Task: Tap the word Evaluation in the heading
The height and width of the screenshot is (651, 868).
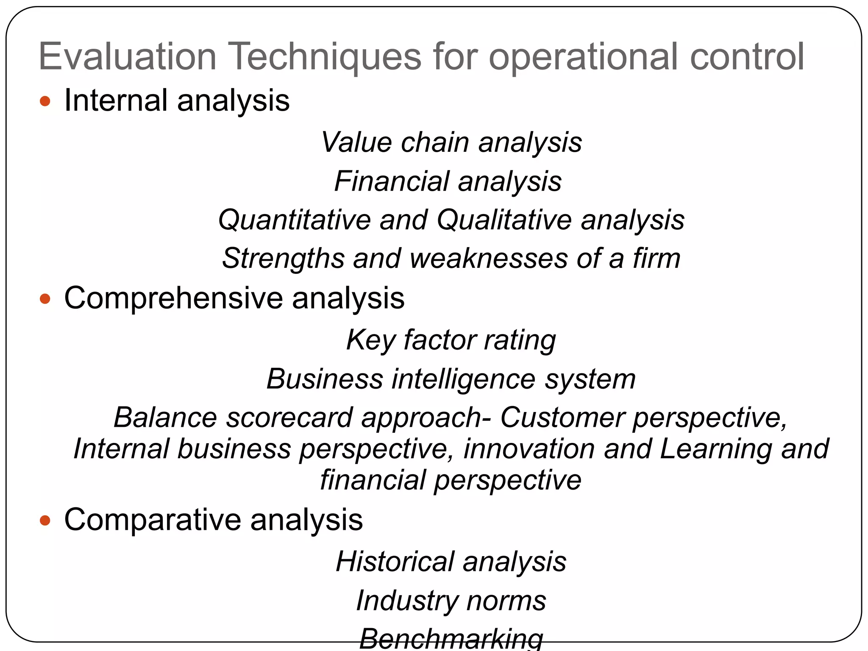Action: [x=128, y=57]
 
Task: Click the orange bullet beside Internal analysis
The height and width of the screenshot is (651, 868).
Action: [x=45, y=101]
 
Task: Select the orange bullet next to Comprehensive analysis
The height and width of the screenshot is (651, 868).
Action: [x=45, y=299]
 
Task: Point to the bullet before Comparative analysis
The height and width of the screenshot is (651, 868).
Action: [x=45, y=520]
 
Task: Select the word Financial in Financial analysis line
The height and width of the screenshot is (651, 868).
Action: [x=391, y=181]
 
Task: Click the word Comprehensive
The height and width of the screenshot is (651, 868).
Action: [x=173, y=298]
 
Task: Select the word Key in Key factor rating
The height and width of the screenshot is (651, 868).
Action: [x=370, y=340]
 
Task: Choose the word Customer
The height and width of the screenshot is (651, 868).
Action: [x=562, y=417]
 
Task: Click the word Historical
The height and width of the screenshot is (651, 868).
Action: [x=395, y=562]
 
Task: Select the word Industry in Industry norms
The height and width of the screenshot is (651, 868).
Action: [x=406, y=601]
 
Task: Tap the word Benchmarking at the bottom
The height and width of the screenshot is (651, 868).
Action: [x=451, y=639]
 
